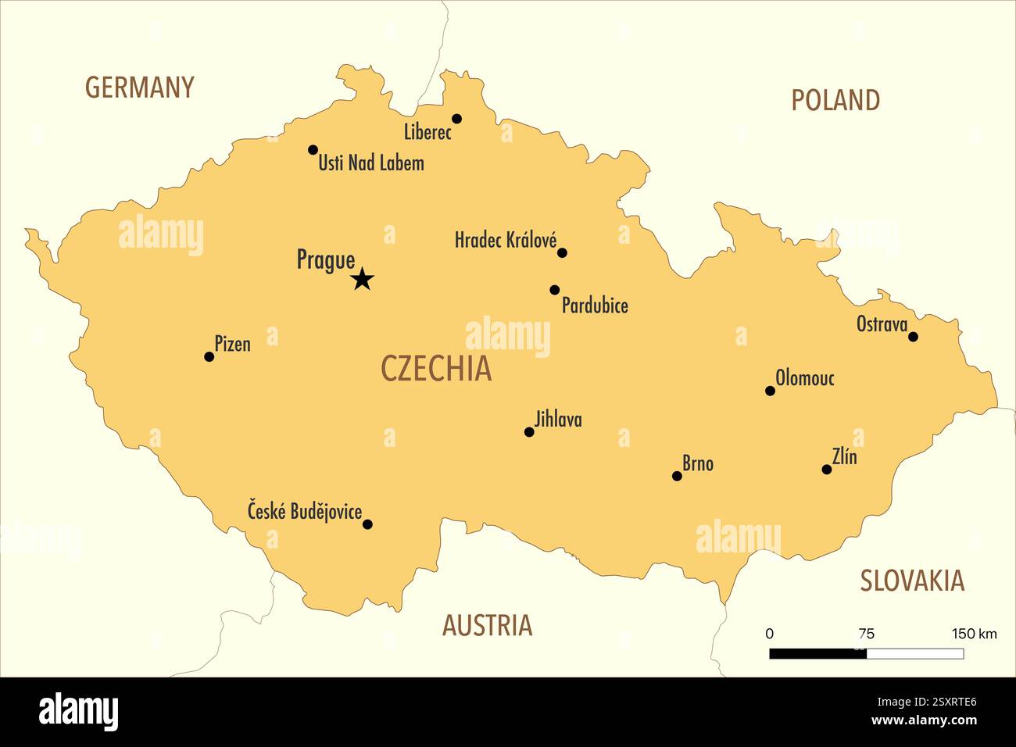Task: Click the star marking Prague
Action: click(362, 279)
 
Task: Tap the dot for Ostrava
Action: click(913, 337)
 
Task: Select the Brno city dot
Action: click(677, 476)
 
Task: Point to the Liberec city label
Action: click(428, 132)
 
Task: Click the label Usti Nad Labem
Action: click(371, 163)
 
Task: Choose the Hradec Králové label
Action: click(506, 240)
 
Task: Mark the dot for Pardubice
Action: click(555, 290)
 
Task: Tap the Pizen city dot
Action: click(209, 357)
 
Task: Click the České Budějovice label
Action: click(305, 512)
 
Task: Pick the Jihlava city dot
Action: click(529, 432)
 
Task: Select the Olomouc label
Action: click(805, 378)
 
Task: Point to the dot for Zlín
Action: click(827, 470)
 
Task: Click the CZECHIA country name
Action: click(436, 369)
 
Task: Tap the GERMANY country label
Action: click(139, 88)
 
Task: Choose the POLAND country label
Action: click(835, 100)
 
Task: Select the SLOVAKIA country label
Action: click(912, 581)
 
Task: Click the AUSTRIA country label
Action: click(487, 625)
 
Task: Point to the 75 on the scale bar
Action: click(866, 634)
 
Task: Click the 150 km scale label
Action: click(974, 634)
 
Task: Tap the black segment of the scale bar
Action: click(817, 654)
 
